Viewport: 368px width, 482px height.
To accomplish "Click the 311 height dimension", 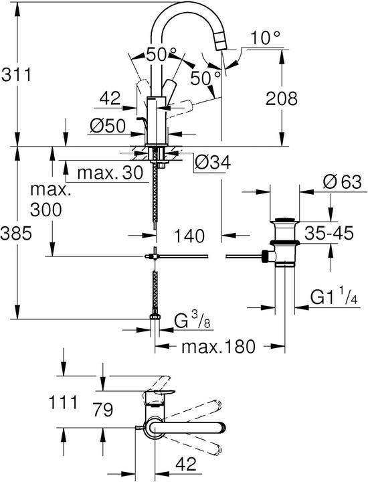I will tap(17, 74).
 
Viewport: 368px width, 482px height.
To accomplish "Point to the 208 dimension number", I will tap(280, 98).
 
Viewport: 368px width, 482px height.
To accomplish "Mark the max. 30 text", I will tap(110, 173).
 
